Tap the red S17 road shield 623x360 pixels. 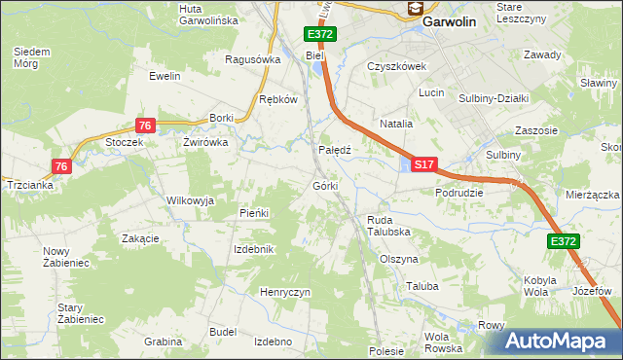[423, 166]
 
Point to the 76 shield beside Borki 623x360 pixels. [145, 125]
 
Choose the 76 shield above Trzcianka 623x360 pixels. [61, 166]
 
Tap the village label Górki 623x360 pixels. [325, 185]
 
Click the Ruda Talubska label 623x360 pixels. [386, 226]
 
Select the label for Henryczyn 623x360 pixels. [284, 292]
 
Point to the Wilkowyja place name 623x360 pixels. [190, 199]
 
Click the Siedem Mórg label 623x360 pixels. [33, 56]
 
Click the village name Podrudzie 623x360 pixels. [459, 193]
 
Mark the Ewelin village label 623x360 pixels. [165, 75]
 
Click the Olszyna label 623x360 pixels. [398, 260]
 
